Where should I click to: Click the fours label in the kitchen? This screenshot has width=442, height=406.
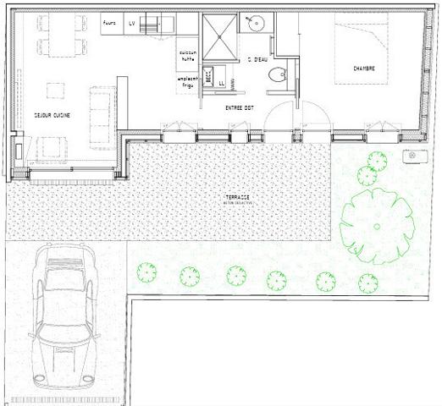(108, 23)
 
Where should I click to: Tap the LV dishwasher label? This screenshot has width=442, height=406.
(132, 24)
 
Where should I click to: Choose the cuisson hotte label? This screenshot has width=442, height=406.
(188, 56)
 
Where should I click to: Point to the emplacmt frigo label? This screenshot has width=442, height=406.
(188, 82)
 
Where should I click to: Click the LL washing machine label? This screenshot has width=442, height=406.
(222, 84)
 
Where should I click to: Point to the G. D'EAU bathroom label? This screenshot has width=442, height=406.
(257, 59)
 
